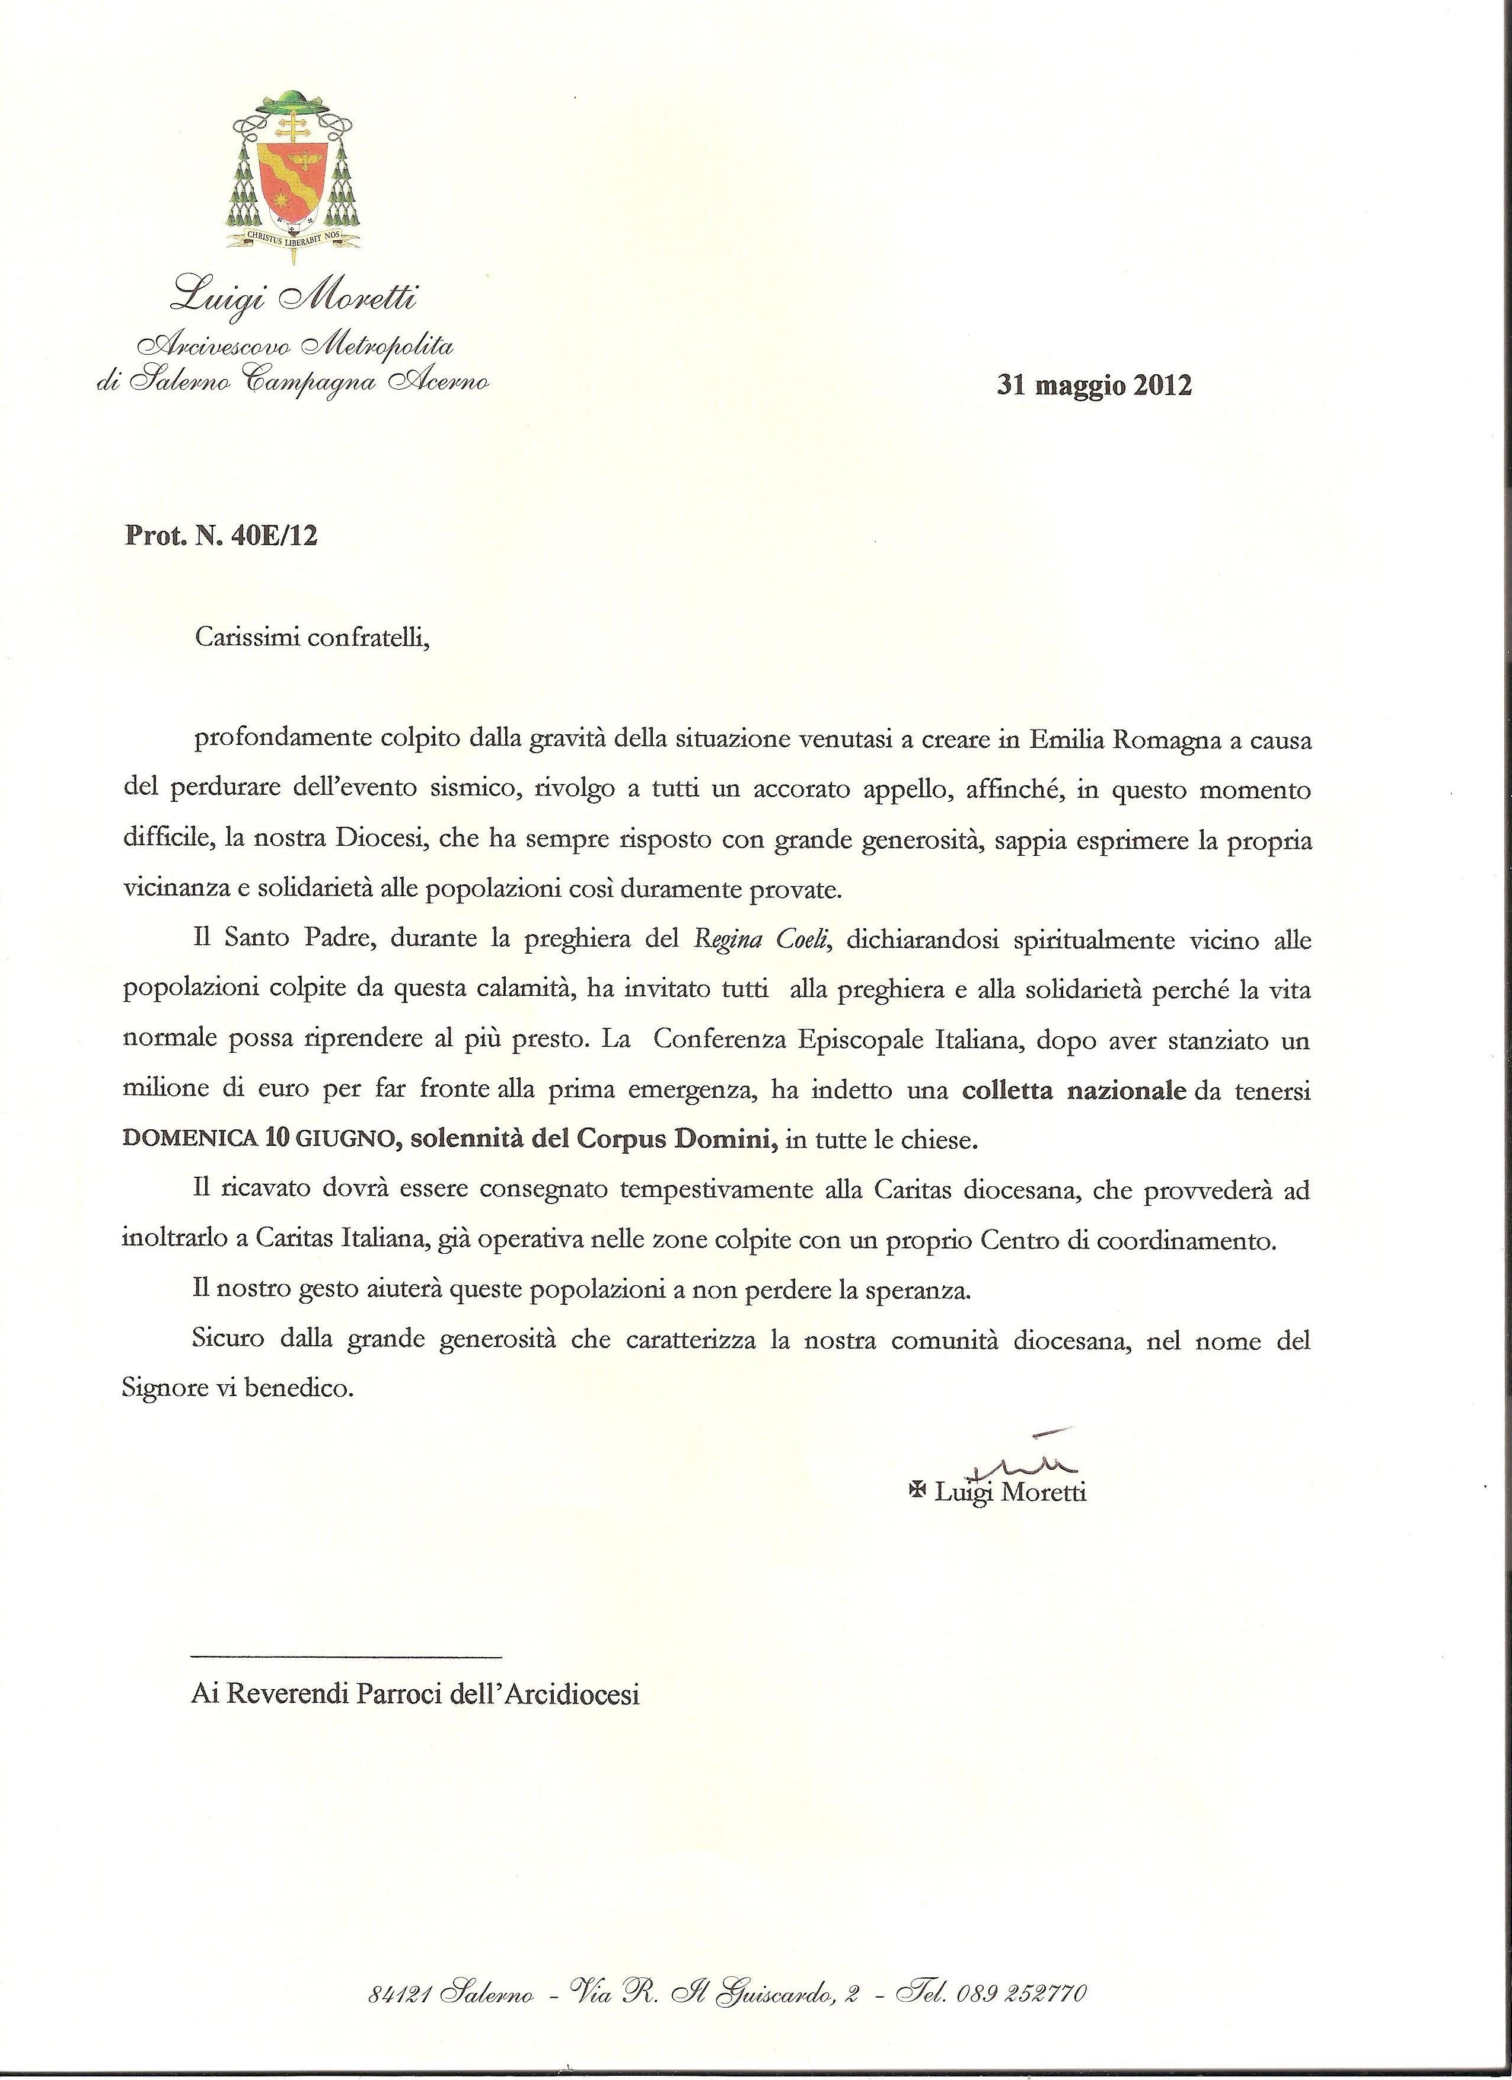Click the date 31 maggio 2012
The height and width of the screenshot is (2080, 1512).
(x=1094, y=385)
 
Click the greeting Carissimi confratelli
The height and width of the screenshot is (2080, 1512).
(x=312, y=638)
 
